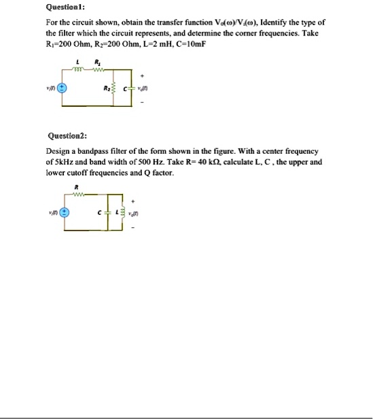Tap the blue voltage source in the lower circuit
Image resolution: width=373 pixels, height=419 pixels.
click(x=65, y=212)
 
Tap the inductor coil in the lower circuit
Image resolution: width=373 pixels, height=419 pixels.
click(x=124, y=213)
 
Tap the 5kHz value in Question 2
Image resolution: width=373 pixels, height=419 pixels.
click(x=64, y=163)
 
